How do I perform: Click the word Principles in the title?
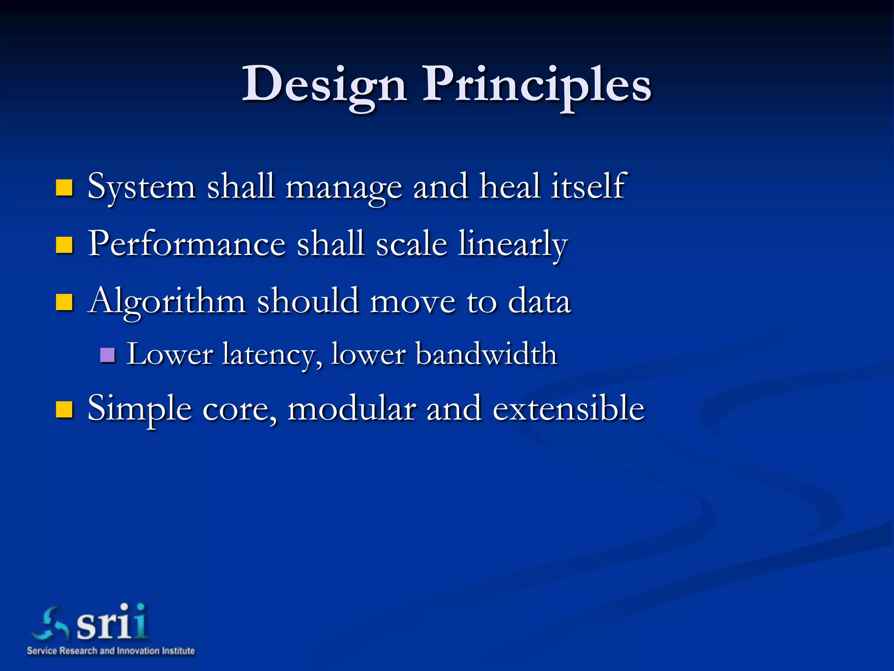(x=536, y=84)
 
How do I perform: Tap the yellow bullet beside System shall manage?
(x=64, y=188)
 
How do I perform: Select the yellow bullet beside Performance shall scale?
(x=64, y=245)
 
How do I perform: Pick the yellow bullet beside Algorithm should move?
(x=64, y=302)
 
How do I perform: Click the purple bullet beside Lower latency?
(x=107, y=355)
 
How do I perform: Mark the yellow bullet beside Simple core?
(x=64, y=410)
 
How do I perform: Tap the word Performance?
(x=187, y=244)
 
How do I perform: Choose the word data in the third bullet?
(x=539, y=301)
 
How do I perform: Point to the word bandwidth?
(x=486, y=354)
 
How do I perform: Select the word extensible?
(x=568, y=408)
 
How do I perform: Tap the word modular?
(x=351, y=408)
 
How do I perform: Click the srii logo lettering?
(x=112, y=623)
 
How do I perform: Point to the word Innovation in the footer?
(x=137, y=651)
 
